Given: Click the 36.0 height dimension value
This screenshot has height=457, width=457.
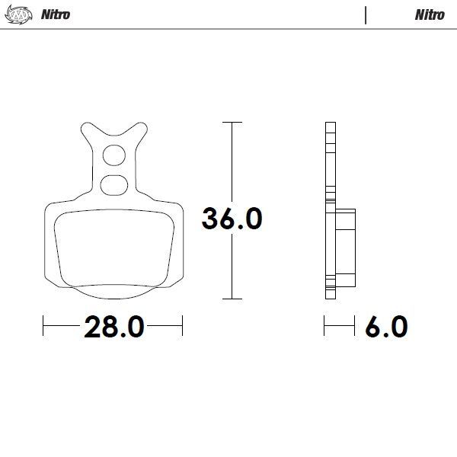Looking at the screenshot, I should click(232, 219).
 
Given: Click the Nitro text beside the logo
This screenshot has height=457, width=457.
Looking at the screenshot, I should click(55, 14).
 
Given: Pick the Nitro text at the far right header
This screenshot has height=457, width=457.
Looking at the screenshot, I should click(430, 14).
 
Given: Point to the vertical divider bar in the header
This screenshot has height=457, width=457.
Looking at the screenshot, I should click(366, 14).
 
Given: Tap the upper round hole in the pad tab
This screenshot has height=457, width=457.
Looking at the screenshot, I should click(113, 155).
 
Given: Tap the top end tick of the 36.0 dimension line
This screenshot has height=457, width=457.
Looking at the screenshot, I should click(232, 122).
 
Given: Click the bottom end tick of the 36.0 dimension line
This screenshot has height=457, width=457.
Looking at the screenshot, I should click(232, 299).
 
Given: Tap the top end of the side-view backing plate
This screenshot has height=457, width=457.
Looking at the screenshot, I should click(329, 125).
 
